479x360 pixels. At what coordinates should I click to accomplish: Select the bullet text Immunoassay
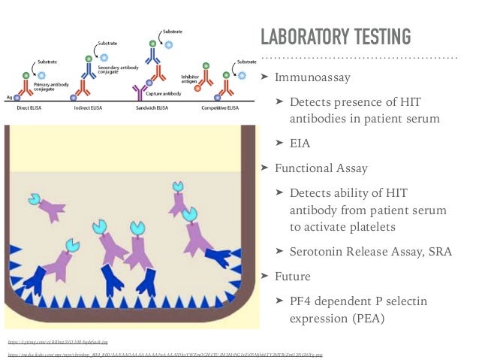[x=312, y=77]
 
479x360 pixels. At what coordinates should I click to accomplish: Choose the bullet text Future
[x=293, y=276]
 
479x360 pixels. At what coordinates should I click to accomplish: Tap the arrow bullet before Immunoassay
[x=264, y=77]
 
